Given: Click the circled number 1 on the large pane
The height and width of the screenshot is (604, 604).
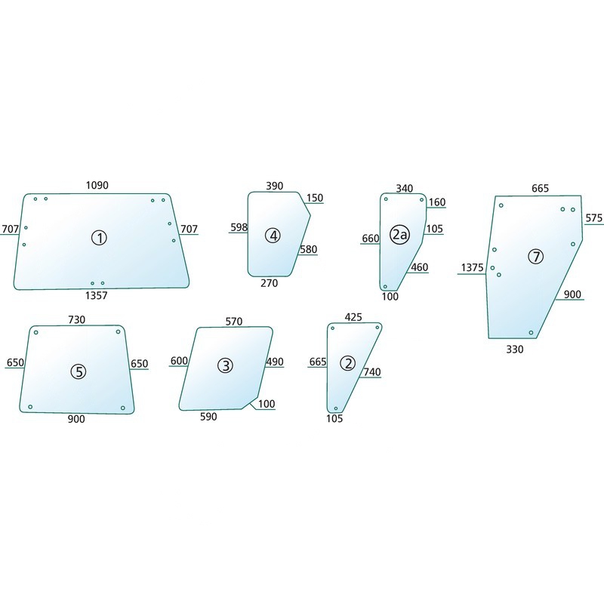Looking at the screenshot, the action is coord(99,238).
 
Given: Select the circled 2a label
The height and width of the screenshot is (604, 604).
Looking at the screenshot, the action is coord(399,234).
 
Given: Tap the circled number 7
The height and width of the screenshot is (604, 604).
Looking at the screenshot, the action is coord(535,256).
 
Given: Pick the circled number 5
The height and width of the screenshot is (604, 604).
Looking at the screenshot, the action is coord(79,371).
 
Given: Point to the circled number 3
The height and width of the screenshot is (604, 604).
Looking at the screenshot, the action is coord(225,365).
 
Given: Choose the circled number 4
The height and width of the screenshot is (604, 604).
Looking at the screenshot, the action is coord(273,236).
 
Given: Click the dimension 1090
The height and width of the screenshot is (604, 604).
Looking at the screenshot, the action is coord(97,185).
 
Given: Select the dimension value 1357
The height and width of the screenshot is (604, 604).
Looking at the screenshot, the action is coord(97,295).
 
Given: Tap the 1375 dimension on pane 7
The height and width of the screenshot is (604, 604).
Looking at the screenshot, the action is coord(472,267).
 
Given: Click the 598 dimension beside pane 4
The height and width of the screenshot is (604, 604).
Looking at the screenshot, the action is coord(239,227).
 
